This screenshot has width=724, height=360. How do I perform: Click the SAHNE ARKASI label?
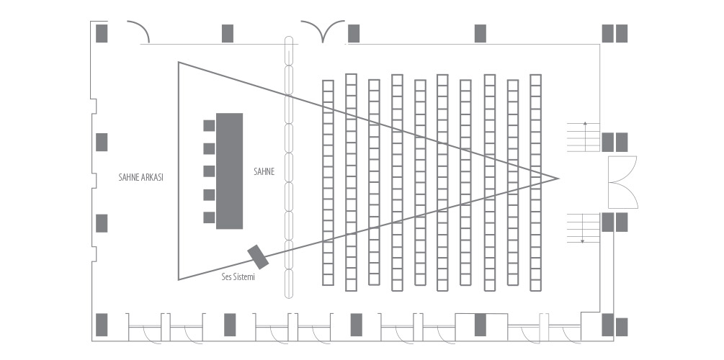tap(141, 176)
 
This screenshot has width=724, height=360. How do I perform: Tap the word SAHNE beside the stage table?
tap(264, 172)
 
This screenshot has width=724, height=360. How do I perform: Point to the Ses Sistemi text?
tap(238, 276)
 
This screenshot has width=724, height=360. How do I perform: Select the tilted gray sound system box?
tap(257, 255)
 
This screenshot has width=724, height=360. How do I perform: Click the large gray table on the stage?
tap(230, 171)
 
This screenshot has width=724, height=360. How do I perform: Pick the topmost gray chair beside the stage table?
tap(209, 125)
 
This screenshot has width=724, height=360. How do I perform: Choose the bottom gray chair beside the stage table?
tap(209, 217)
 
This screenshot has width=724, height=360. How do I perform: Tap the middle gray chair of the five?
tap(209, 171)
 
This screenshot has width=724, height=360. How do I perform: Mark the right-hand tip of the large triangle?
tap(557, 177)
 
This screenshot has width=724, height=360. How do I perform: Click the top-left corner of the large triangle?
tap(179, 63)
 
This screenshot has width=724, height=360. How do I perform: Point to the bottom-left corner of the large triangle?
tap(179, 279)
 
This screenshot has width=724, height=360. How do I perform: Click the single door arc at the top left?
tap(138, 32)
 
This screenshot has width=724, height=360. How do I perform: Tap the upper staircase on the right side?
tap(584, 137)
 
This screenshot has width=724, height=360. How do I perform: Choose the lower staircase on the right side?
tap(584, 228)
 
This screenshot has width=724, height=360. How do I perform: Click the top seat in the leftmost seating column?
tap(328, 85)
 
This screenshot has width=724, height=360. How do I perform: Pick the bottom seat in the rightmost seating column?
tap(535, 285)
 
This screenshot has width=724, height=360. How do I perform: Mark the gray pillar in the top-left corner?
tap(102, 33)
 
